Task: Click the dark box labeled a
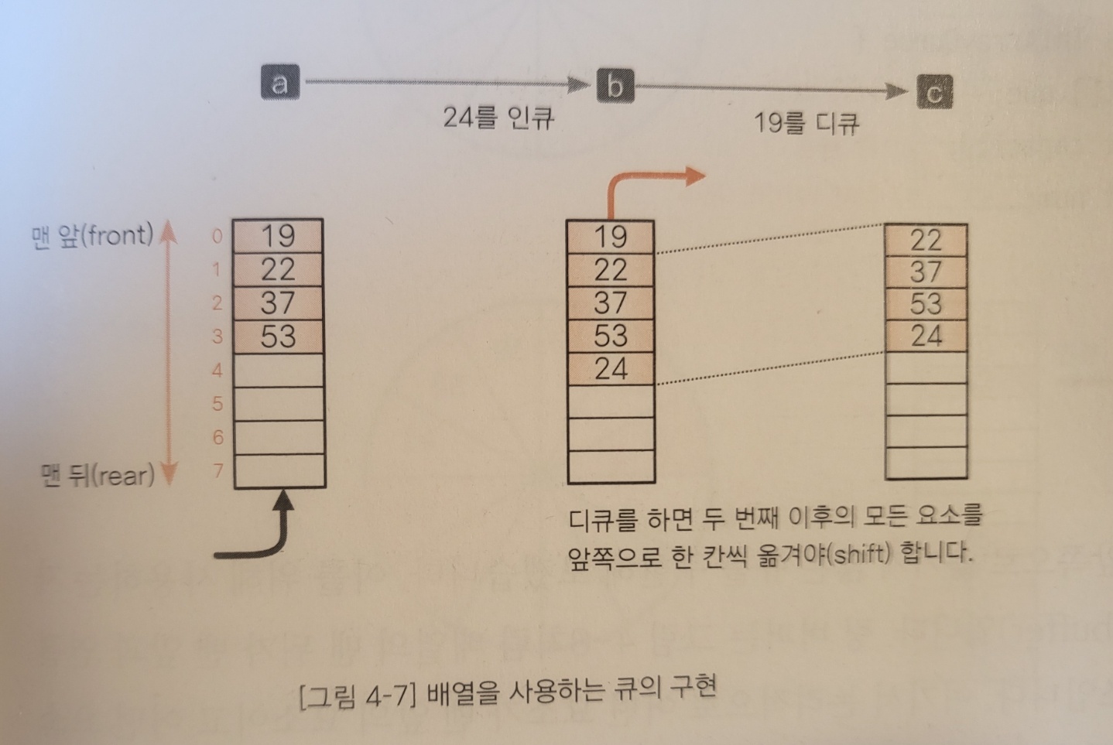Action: point(279,81)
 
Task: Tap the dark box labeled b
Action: point(615,85)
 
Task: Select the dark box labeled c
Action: point(934,92)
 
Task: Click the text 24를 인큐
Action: point(498,118)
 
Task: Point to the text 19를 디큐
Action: point(806,123)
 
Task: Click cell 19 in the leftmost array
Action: point(278,235)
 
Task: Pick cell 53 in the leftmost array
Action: point(278,337)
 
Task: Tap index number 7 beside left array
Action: point(218,470)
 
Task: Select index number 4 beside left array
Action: point(217,370)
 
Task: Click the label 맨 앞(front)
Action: point(92,234)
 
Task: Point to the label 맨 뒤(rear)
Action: point(98,474)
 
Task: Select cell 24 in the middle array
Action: point(611,369)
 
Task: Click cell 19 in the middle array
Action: point(611,236)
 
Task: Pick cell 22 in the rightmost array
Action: point(926,240)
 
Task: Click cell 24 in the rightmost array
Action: point(926,336)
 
